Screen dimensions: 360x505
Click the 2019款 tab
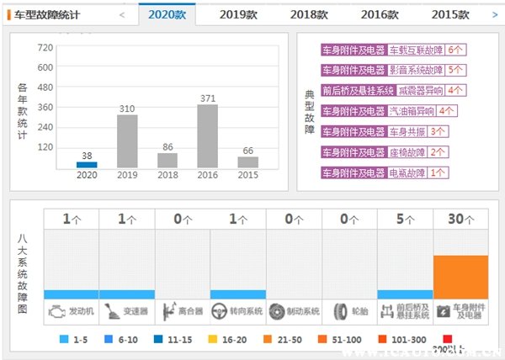coord(238,14)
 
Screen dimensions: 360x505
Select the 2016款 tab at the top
coord(380,14)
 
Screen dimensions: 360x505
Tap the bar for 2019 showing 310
coord(127,140)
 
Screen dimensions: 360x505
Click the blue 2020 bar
coord(87,165)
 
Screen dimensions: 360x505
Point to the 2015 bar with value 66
coord(248,162)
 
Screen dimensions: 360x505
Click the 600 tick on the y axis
coord(45,67)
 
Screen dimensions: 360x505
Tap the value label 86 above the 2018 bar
coord(167,146)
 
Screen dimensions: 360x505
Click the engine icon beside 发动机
coord(56,310)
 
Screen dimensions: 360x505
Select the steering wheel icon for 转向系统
coord(222,310)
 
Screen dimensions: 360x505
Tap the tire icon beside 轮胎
coord(340,310)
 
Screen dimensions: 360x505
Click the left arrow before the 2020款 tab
coord(122,14)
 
